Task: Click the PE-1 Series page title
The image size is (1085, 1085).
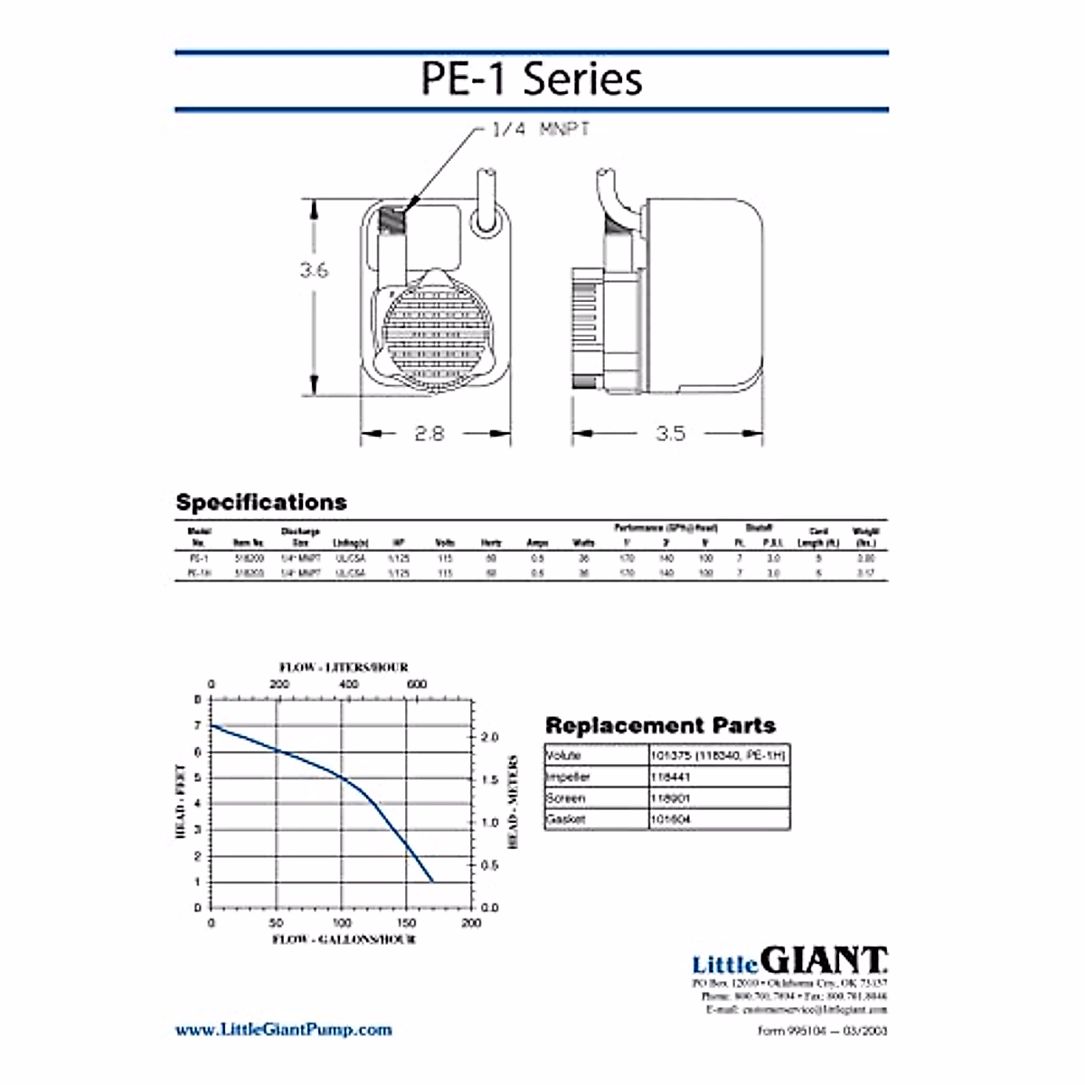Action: (x=532, y=80)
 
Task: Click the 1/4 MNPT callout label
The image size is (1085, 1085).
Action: (x=541, y=129)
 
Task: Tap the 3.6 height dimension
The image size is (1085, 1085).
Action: (x=313, y=269)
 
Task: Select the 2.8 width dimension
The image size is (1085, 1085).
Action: (x=429, y=433)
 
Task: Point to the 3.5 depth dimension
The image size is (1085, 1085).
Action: (x=670, y=433)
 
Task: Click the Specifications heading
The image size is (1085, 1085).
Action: (x=261, y=502)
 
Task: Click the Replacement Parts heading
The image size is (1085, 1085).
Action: (x=660, y=725)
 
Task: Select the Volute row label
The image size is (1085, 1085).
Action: (x=563, y=755)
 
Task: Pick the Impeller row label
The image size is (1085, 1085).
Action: (x=569, y=777)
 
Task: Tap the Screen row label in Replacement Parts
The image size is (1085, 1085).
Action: (x=566, y=798)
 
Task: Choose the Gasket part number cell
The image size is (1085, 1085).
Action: (x=670, y=820)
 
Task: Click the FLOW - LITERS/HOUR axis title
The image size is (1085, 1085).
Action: (x=344, y=667)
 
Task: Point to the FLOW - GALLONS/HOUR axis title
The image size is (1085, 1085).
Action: (x=344, y=940)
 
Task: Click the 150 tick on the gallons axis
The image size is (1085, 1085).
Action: (x=406, y=923)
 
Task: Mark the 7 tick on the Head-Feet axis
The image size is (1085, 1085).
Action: (x=197, y=726)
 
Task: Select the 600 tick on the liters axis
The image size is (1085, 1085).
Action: (x=417, y=684)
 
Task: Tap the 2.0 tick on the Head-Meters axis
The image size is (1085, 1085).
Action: (x=489, y=738)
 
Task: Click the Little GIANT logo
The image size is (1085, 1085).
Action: (x=789, y=960)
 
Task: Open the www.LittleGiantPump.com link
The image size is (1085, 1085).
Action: (x=283, y=1029)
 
